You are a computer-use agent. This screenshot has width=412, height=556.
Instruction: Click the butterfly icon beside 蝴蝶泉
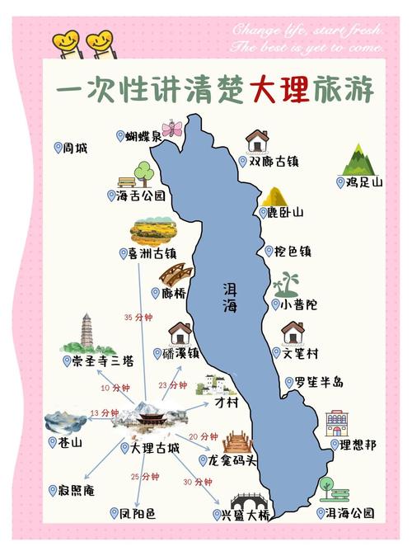(172, 129)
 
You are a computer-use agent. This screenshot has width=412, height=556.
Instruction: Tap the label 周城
(74, 148)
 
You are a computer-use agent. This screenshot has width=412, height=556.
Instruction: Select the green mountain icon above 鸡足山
(358, 159)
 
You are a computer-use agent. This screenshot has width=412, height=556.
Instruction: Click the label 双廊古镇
(272, 163)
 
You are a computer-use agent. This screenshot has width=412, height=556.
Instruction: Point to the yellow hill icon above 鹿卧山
(273, 196)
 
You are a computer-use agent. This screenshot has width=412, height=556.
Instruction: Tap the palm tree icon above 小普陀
(286, 284)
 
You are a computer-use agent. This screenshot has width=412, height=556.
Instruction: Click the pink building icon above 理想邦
(337, 423)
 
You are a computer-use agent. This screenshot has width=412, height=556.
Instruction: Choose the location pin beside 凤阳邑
(115, 513)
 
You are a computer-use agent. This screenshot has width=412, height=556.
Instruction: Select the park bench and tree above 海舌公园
(137, 176)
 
